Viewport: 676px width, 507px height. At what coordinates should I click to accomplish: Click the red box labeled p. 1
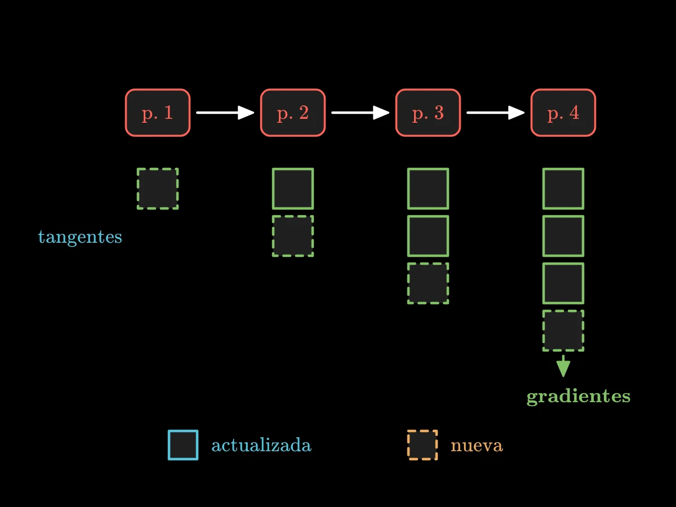(158, 113)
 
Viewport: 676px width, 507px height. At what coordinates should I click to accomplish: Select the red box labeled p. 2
(293, 113)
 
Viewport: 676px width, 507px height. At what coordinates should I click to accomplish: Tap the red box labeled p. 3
(428, 113)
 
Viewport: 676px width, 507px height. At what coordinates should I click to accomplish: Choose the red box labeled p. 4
(563, 113)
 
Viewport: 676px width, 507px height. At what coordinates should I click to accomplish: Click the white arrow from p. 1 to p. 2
(225, 113)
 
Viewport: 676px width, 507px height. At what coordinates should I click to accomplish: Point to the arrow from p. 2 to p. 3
(361, 113)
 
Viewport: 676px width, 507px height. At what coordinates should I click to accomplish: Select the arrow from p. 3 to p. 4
(496, 113)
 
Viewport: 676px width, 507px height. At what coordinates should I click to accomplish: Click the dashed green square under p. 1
(158, 189)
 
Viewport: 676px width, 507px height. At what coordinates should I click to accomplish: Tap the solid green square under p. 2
(293, 189)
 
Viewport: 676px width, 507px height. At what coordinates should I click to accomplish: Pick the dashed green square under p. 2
(293, 236)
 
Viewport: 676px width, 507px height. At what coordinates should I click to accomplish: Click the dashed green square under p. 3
(428, 283)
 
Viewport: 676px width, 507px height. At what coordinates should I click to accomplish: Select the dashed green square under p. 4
(563, 331)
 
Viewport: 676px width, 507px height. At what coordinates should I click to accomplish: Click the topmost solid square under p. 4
(563, 189)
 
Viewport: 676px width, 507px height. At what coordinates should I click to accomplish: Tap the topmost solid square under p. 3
(428, 189)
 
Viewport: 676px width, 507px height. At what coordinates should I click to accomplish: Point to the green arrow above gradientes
(563, 366)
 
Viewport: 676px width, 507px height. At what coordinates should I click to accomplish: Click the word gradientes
(579, 397)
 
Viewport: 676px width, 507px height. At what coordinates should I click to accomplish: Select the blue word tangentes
(80, 237)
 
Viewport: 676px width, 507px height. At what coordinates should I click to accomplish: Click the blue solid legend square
(183, 445)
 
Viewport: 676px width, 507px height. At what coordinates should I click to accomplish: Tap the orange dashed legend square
(422, 445)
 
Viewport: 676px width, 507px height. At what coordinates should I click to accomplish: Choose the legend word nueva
(477, 446)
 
